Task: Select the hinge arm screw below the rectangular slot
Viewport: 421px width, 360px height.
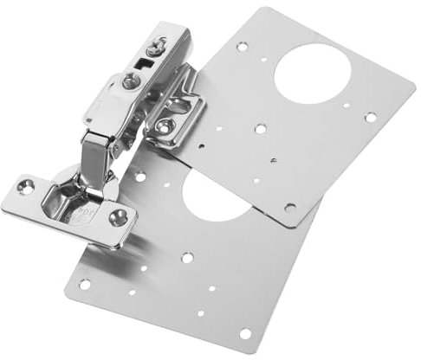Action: click(x=131, y=82)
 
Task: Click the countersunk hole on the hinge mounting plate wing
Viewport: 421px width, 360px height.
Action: click(x=164, y=126)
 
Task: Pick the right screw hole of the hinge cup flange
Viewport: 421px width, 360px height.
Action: click(x=119, y=217)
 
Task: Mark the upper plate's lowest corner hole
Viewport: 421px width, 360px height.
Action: click(x=289, y=208)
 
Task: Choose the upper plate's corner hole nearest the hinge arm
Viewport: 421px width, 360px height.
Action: click(x=242, y=46)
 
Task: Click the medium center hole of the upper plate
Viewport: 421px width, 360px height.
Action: click(x=260, y=128)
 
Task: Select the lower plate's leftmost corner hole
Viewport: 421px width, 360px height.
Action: click(x=85, y=284)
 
